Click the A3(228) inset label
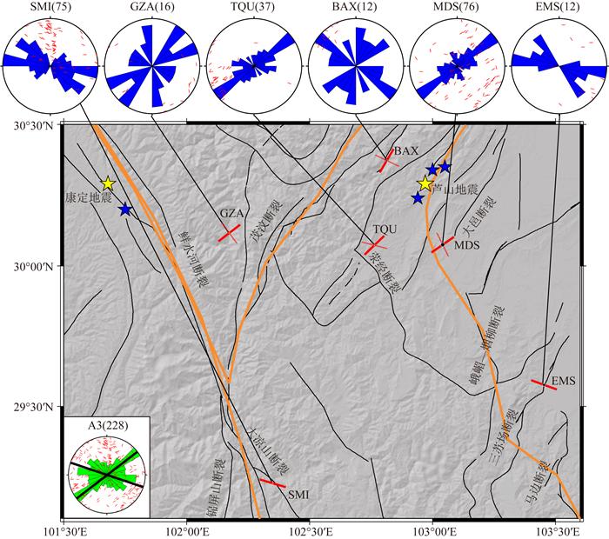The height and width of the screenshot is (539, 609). (x=106, y=425)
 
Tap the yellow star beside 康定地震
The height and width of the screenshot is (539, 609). (x=108, y=183)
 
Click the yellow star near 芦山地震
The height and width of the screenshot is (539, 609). (x=425, y=183)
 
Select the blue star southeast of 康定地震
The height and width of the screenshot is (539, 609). (x=125, y=210)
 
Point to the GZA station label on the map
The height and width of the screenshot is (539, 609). (x=231, y=213)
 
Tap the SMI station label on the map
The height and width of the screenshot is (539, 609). (x=298, y=494)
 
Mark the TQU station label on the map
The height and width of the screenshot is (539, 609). (x=384, y=229)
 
